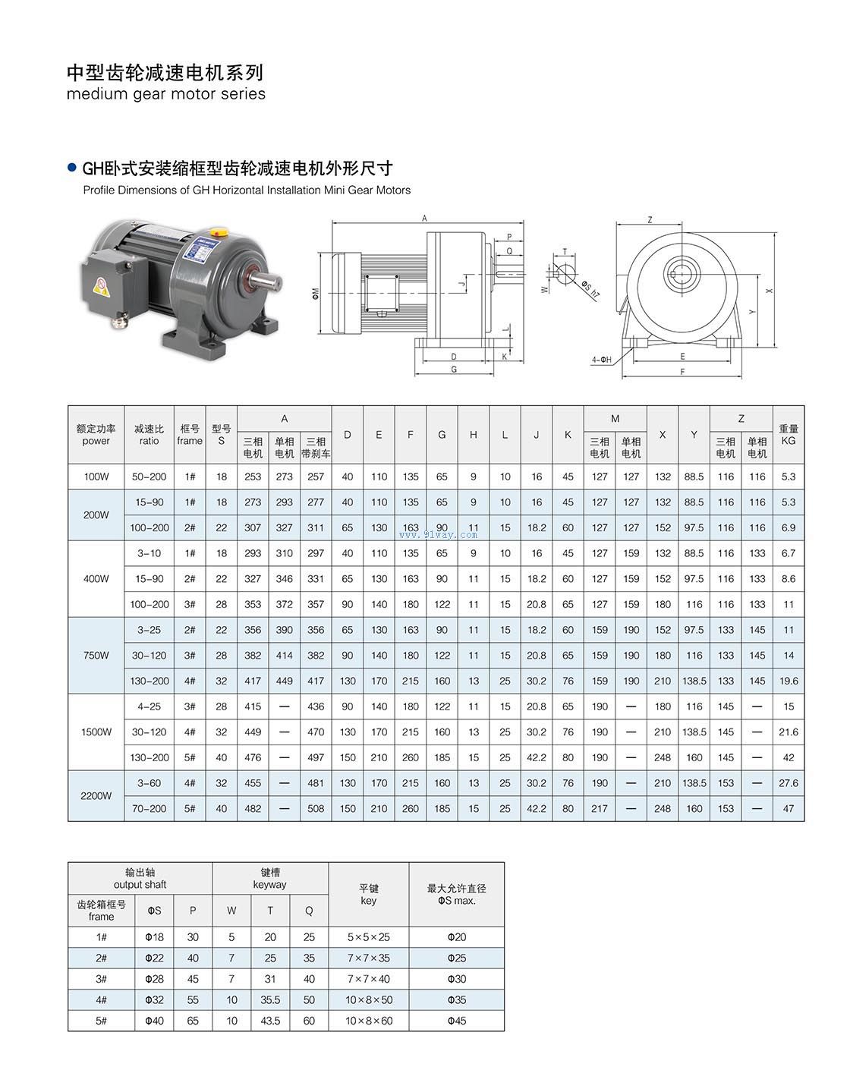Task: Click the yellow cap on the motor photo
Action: point(219,231)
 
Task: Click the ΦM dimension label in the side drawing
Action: point(316,293)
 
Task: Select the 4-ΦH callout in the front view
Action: point(601,359)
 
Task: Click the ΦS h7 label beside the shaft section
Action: point(590,289)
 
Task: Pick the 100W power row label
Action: point(96,477)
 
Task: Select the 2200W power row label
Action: point(96,795)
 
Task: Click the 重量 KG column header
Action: point(789,435)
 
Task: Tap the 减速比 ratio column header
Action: point(149,435)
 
